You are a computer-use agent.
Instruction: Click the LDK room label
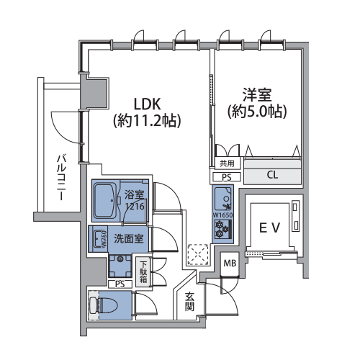147,104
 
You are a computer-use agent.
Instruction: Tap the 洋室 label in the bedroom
257,95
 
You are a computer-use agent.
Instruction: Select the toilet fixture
103,305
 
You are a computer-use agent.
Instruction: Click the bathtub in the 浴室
105,201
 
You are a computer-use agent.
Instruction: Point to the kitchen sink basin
223,199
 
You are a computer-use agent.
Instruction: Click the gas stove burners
222,229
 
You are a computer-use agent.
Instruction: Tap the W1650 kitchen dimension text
223,215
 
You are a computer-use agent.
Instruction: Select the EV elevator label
270,228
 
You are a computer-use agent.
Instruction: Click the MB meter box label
230,264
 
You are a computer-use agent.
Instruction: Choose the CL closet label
272,175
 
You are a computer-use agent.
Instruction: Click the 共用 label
227,163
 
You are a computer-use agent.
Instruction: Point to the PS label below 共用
227,177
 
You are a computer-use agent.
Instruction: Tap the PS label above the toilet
120,284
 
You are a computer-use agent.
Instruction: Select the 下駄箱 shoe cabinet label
143,272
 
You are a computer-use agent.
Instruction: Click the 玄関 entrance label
189,302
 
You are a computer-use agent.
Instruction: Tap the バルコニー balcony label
61,178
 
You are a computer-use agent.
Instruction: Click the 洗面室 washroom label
129,238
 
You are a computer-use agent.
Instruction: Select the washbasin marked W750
98,239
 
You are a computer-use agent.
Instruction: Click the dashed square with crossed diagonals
198,255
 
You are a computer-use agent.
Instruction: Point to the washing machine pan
120,266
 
